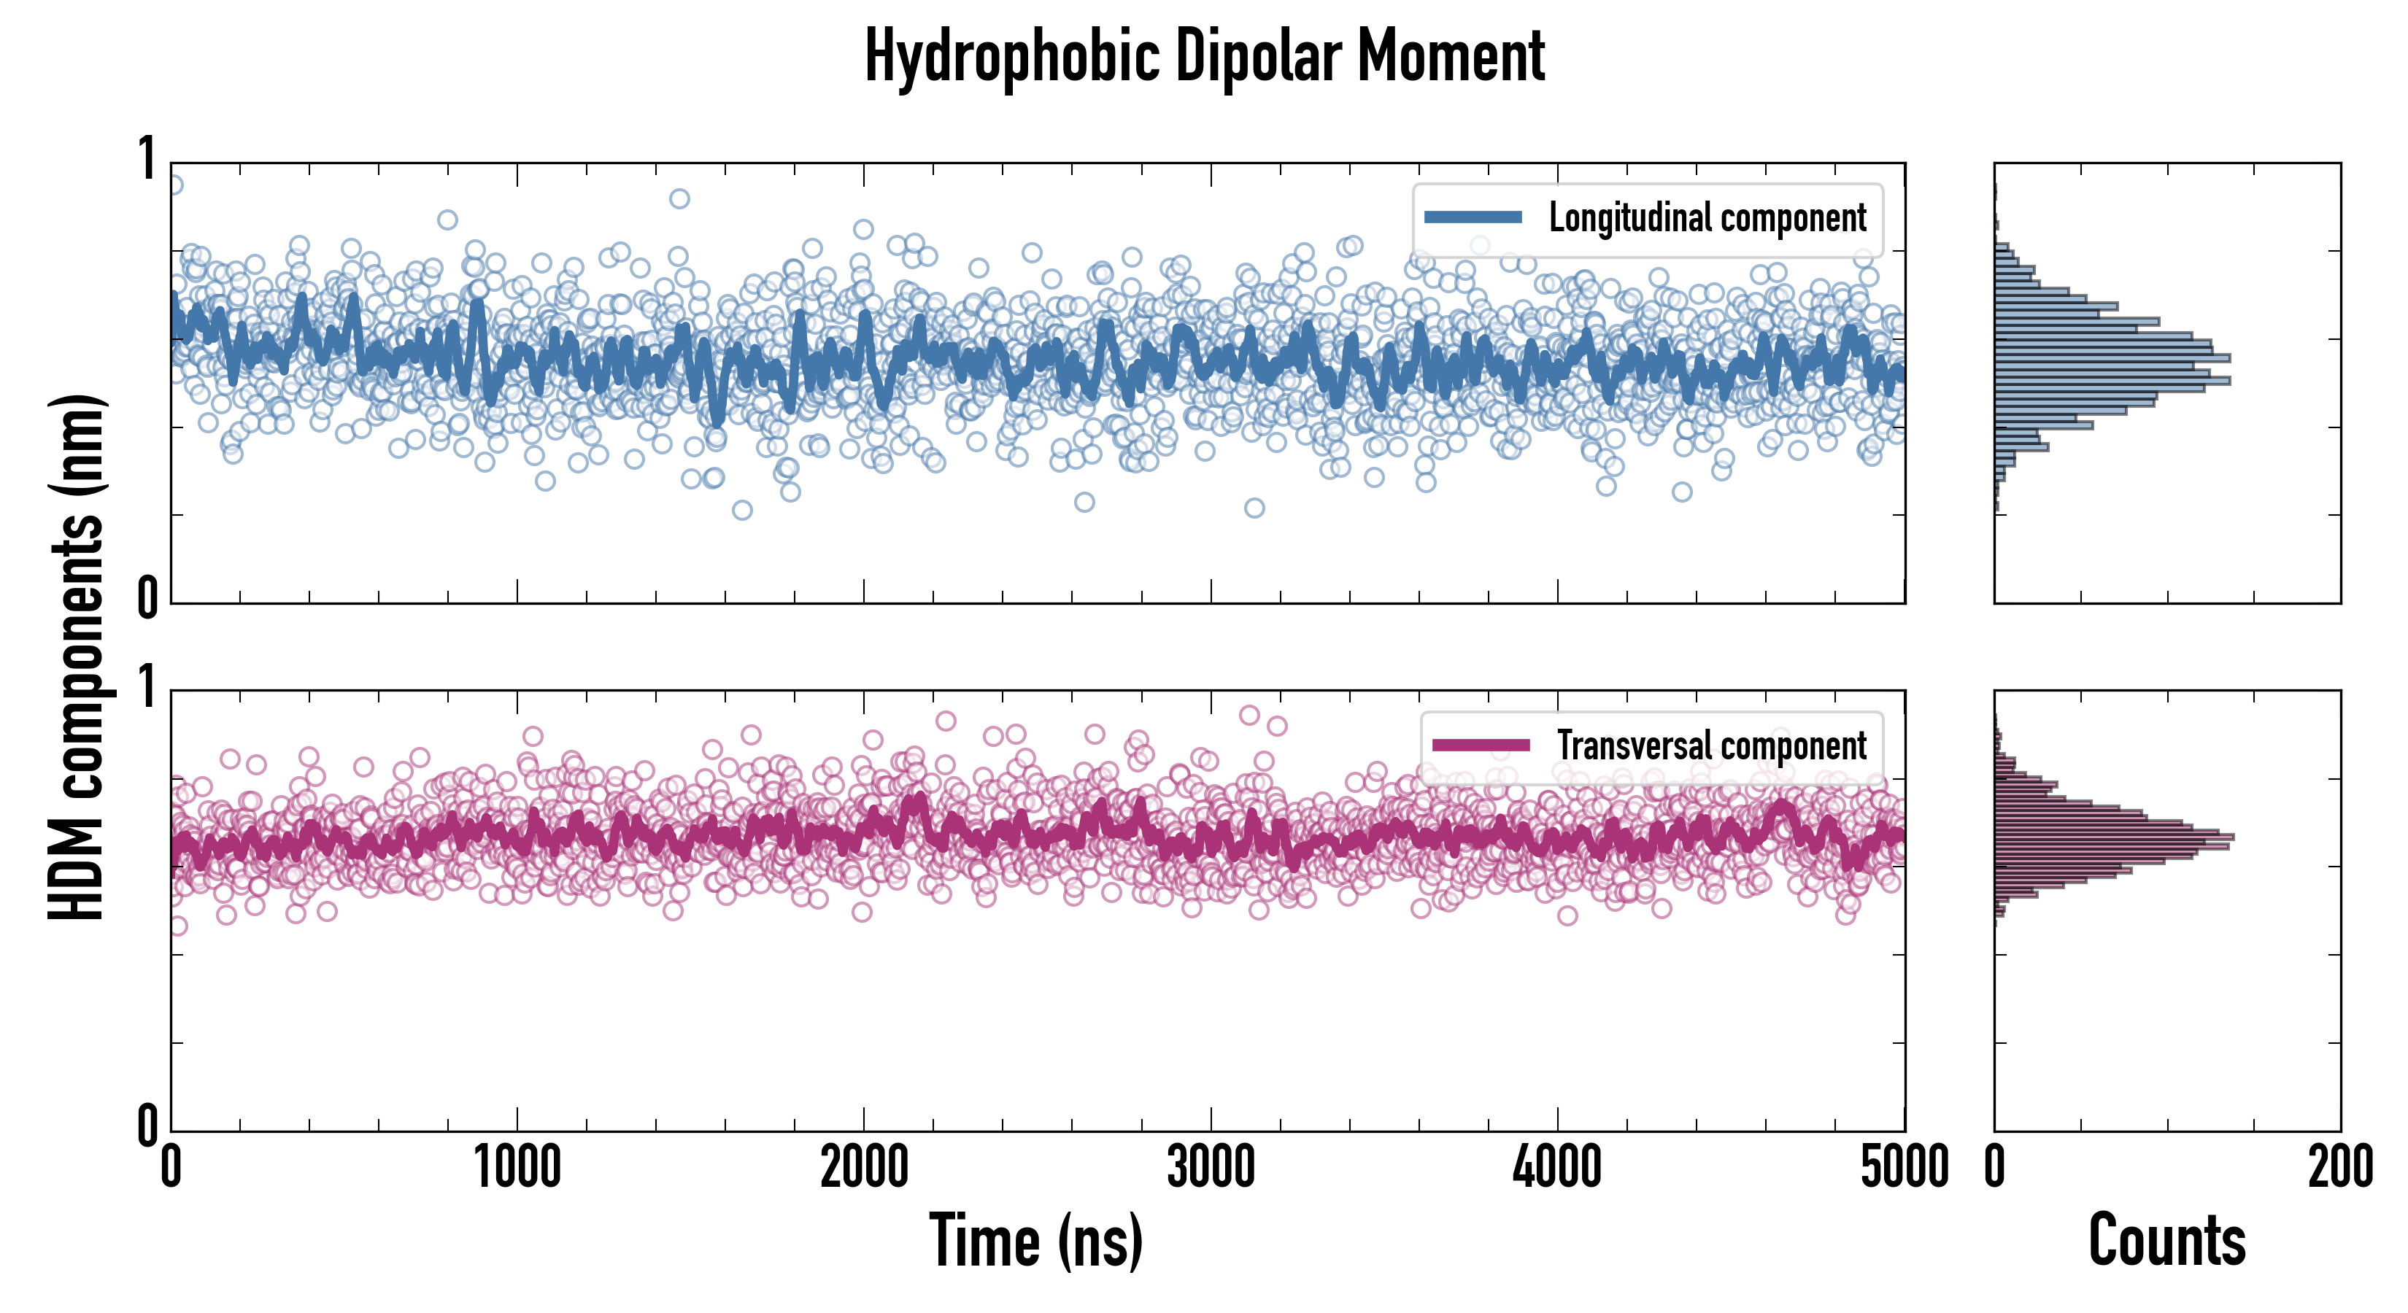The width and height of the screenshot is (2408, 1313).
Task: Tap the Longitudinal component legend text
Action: point(1707,218)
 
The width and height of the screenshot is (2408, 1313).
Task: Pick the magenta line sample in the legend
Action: point(1480,745)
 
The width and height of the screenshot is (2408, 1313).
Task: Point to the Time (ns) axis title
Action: point(1035,1241)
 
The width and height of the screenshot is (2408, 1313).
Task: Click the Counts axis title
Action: point(2166,1241)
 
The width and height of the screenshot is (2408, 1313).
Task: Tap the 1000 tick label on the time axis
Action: point(517,1168)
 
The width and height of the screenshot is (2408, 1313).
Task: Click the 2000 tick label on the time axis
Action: point(864,1168)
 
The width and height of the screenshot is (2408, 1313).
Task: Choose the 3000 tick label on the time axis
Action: point(1211,1168)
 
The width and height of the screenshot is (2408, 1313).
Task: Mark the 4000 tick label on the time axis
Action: point(1557,1168)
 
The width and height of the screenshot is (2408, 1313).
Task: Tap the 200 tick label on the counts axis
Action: point(2339,1168)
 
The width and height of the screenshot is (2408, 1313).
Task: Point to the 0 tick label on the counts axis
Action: point(1995,1168)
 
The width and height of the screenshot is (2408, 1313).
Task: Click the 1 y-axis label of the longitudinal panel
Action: point(147,159)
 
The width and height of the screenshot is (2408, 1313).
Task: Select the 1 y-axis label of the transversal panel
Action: point(147,688)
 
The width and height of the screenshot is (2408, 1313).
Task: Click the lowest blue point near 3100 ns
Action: point(1254,508)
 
